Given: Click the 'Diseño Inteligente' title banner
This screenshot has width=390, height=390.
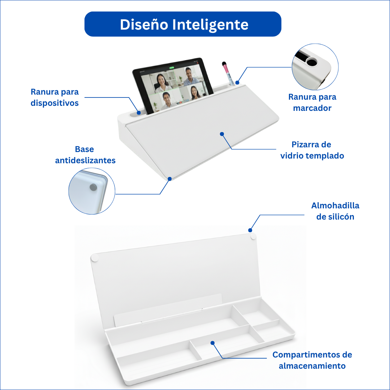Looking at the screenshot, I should point(183,24).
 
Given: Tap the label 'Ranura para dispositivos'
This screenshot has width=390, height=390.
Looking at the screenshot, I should point(55,97).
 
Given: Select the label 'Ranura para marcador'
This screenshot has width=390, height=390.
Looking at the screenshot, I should point(312,102).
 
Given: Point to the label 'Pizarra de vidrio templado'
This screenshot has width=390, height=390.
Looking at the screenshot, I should point(312,150).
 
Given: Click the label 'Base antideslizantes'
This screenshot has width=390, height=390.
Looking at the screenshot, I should point(85,155).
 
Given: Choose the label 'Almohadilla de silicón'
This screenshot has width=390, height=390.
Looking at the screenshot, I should point(335,211).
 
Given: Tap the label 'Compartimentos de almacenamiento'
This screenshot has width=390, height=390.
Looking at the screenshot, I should point(312,360).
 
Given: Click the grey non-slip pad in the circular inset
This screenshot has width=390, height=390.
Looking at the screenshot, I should point(93,187).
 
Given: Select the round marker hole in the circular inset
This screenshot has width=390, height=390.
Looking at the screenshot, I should point(311,62).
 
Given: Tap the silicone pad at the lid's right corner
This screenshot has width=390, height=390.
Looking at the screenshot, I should point(253,236).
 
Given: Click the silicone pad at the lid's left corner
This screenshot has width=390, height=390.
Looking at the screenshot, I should point(95,257).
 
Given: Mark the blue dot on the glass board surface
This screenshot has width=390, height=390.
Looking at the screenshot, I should point(222,134).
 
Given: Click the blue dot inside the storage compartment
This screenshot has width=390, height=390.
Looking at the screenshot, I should point(212,342).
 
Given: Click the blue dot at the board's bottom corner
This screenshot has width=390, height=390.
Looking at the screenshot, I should point(170,178).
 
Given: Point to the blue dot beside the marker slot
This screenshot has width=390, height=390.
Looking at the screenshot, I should point(238,83).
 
